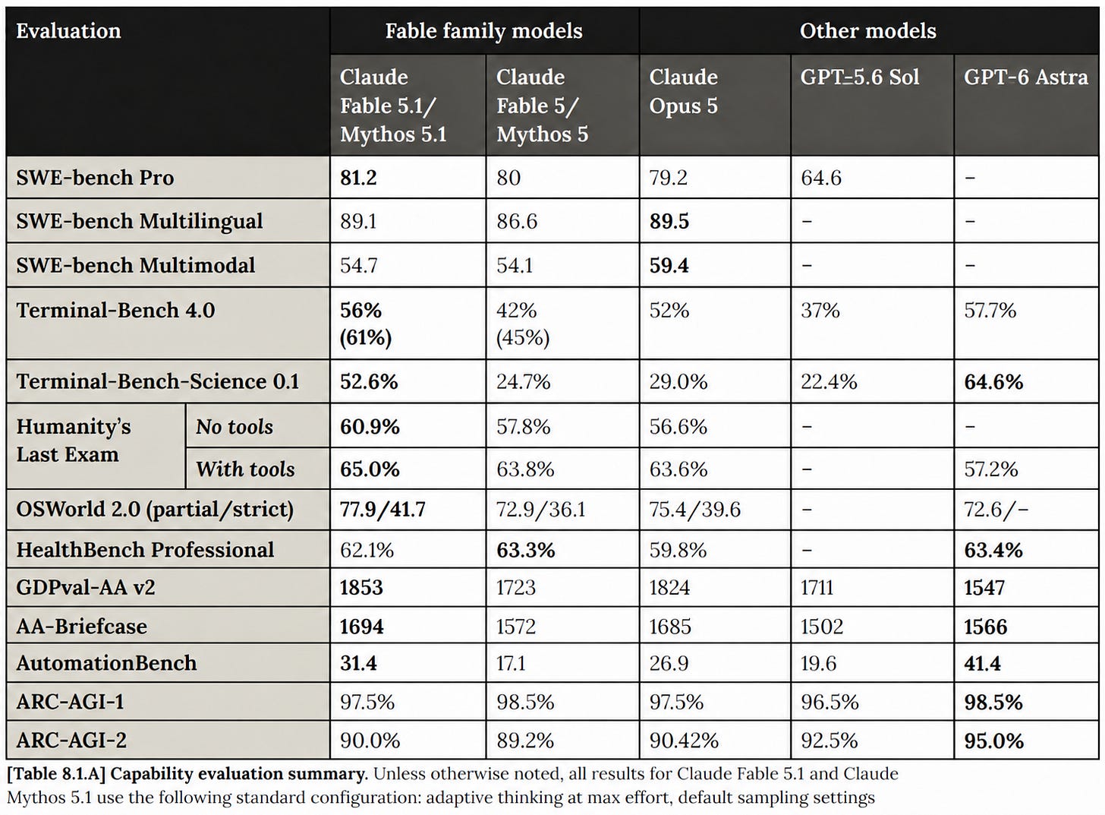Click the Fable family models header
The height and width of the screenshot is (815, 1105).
[x=483, y=30]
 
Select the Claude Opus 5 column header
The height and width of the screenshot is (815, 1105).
[x=683, y=91]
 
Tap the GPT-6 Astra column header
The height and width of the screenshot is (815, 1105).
[x=1025, y=77]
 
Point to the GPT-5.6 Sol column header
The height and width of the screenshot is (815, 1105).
[x=859, y=77]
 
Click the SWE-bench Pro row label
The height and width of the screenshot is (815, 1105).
[x=95, y=178]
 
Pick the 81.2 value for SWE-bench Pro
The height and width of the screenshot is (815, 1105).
[x=358, y=178]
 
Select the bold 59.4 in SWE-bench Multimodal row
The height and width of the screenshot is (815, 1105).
[x=669, y=266]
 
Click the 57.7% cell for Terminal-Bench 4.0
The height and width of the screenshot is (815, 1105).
[x=990, y=311]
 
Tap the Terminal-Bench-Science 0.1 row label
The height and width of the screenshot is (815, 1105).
[x=158, y=381]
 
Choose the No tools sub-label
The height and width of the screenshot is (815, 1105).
[x=235, y=427]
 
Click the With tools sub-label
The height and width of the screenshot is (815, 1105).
[x=245, y=469]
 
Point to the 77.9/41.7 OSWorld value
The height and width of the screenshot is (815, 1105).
[x=382, y=510]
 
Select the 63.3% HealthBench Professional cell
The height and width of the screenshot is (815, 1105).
[x=525, y=551]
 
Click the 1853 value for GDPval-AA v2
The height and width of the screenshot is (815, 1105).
[x=361, y=588]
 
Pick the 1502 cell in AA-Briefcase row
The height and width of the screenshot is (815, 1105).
[x=822, y=627]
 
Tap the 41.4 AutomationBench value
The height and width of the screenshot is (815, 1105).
[x=982, y=663]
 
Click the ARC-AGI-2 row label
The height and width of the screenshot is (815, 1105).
[x=71, y=741]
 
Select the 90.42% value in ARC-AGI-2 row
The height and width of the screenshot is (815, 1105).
[x=684, y=741]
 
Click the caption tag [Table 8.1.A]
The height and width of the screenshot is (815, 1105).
[x=56, y=773]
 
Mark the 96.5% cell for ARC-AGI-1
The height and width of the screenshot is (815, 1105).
[x=830, y=702]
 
